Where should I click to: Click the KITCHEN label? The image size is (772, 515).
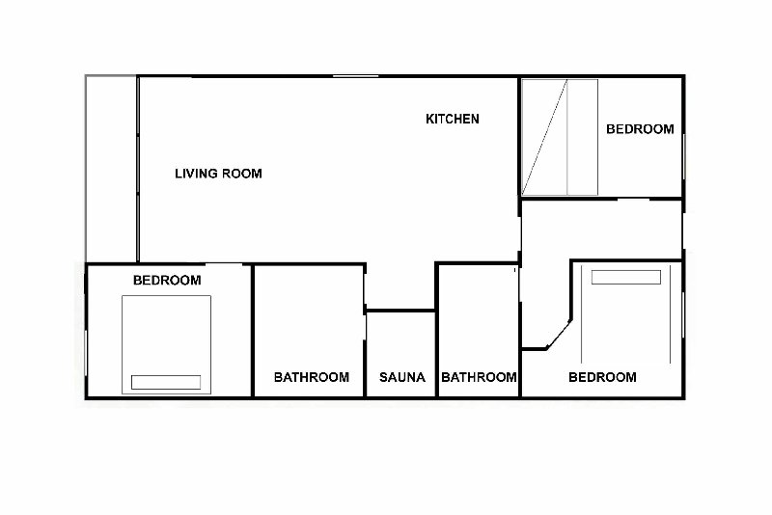pyautogui.click(x=452, y=119)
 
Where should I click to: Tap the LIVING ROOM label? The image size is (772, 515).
pyautogui.click(x=218, y=174)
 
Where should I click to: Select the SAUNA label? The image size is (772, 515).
pyautogui.click(x=401, y=377)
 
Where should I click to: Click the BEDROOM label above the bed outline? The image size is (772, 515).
pyautogui.click(x=167, y=281)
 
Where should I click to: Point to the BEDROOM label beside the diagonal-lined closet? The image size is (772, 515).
pyautogui.click(x=640, y=129)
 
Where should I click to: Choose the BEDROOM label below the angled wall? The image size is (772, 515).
pyautogui.click(x=602, y=377)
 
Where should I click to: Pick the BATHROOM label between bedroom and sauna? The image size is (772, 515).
pyautogui.click(x=311, y=377)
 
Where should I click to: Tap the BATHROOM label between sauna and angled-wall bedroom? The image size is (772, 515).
pyautogui.click(x=479, y=377)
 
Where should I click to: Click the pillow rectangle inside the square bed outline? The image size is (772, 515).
pyautogui.click(x=166, y=382)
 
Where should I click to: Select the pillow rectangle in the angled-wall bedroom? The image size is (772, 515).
pyautogui.click(x=625, y=278)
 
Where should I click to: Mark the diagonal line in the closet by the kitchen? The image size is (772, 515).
pyautogui.click(x=544, y=137)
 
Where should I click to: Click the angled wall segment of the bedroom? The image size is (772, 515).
pyautogui.click(x=559, y=335)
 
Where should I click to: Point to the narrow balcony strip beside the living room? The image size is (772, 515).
pyautogui.click(x=111, y=169)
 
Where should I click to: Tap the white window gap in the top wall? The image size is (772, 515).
pyautogui.click(x=355, y=76)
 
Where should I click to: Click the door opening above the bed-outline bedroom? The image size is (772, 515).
pyautogui.click(x=224, y=264)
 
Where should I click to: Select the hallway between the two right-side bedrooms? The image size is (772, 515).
pyautogui.click(x=600, y=230)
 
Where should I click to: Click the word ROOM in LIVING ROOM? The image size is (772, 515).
pyautogui.click(x=241, y=174)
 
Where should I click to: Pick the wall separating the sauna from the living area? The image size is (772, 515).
pyautogui.click(x=400, y=311)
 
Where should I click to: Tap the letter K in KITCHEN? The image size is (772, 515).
pyautogui.click(x=429, y=119)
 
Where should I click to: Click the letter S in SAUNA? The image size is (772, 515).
pyautogui.click(x=383, y=377)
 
